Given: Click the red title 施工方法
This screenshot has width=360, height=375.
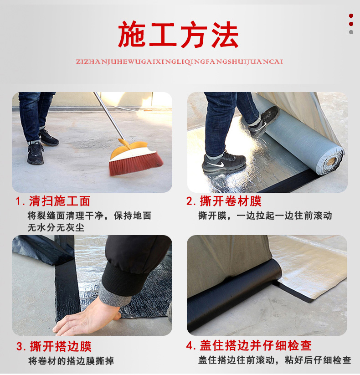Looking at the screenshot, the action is [178, 35].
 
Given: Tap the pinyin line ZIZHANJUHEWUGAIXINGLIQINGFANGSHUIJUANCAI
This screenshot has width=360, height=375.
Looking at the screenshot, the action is [180, 62].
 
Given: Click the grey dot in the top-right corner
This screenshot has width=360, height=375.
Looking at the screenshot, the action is [351, 32].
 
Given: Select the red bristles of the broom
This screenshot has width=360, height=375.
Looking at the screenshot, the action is [136, 163].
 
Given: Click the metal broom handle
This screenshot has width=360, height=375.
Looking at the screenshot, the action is [109, 117].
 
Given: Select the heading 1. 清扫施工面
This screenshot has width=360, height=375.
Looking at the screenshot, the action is [53, 201].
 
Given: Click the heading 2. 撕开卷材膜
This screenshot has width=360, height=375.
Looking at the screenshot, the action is [224, 201].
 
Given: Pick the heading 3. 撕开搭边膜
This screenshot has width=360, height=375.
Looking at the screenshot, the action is [54, 346].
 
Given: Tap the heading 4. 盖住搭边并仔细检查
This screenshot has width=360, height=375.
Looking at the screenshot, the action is [249, 345].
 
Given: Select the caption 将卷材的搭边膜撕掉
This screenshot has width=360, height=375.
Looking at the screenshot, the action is [71, 361].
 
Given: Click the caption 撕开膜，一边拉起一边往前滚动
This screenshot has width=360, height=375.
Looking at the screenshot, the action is [265, 216].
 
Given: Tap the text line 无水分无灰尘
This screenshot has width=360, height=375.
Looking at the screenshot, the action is [56, 227].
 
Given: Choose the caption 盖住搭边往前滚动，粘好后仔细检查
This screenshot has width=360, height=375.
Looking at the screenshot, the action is [275, 360].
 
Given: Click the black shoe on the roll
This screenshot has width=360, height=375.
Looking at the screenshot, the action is [264, 122].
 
